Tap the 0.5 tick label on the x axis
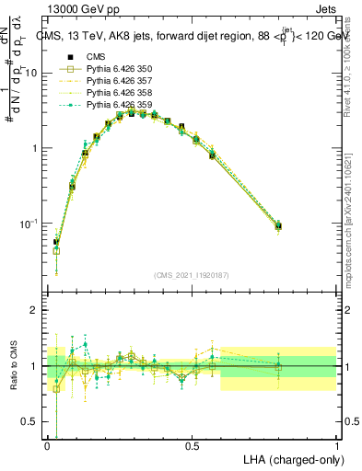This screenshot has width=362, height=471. point(193,444)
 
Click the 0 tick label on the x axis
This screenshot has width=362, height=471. point(48,444)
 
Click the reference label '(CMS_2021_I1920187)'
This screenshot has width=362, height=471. point(193,275)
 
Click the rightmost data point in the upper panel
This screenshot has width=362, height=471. point(279,225)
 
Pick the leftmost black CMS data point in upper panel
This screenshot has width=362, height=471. point(56,243)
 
